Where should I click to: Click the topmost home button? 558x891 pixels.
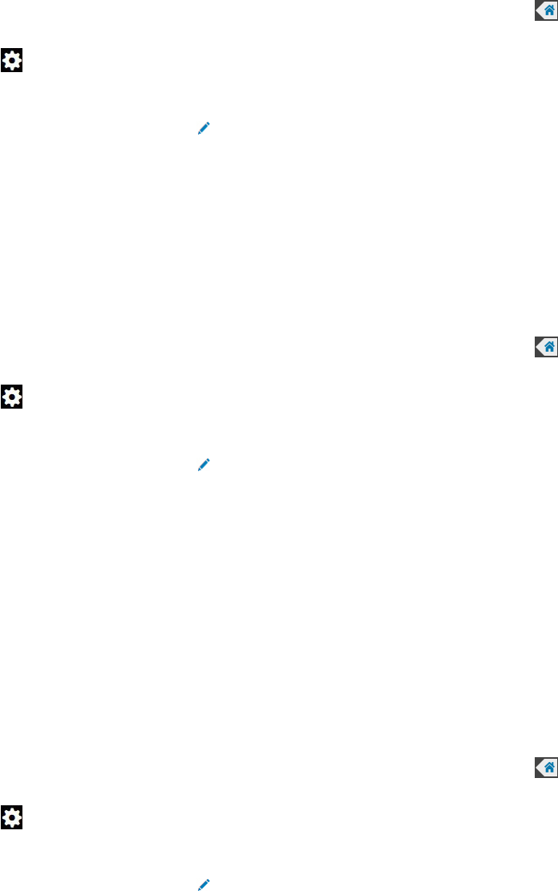546,10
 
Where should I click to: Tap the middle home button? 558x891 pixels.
546,346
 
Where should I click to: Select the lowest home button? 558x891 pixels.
546,768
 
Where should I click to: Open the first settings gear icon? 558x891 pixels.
11,60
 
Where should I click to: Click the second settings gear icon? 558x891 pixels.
11,396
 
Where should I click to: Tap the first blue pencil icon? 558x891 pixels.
204,127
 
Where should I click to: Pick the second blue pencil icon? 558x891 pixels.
204,464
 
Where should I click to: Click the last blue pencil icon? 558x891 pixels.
204,885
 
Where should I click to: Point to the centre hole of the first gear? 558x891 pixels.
11,60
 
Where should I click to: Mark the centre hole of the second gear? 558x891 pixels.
11,396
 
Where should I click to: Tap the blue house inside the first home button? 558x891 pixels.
549,10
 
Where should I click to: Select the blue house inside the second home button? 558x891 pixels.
549,346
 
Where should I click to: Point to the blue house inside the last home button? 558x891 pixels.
549,768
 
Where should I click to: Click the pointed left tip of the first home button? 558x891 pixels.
536,10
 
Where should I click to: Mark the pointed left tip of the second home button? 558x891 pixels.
536,346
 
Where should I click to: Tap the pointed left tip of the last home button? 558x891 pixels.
536,768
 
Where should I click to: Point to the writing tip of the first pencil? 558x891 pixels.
199,132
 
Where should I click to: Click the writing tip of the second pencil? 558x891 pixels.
199,469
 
